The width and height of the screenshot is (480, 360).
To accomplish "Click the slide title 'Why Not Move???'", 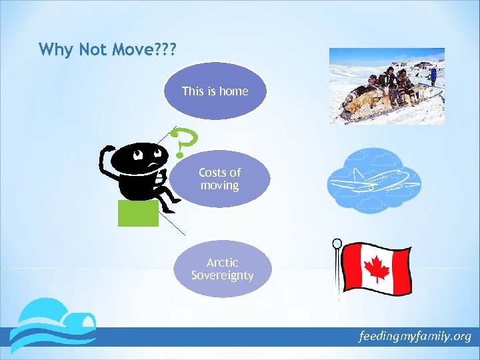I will pos(107,49).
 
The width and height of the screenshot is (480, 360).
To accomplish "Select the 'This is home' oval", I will pos(215,91).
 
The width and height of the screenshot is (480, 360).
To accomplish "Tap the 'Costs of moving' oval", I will pos(219,179).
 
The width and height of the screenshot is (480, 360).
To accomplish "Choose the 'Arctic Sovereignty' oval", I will pos(222,269).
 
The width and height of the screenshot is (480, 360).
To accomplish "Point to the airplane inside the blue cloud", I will pos(371,181).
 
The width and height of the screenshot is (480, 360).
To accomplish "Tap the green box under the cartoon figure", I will pos(138,213).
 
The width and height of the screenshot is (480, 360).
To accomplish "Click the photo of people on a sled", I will pos(387,86).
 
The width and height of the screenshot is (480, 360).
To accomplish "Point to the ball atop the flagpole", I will pos(337,243).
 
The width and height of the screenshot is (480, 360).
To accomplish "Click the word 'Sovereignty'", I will pos(222,275).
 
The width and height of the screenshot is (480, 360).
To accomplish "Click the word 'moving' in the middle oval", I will pos(219,185).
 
